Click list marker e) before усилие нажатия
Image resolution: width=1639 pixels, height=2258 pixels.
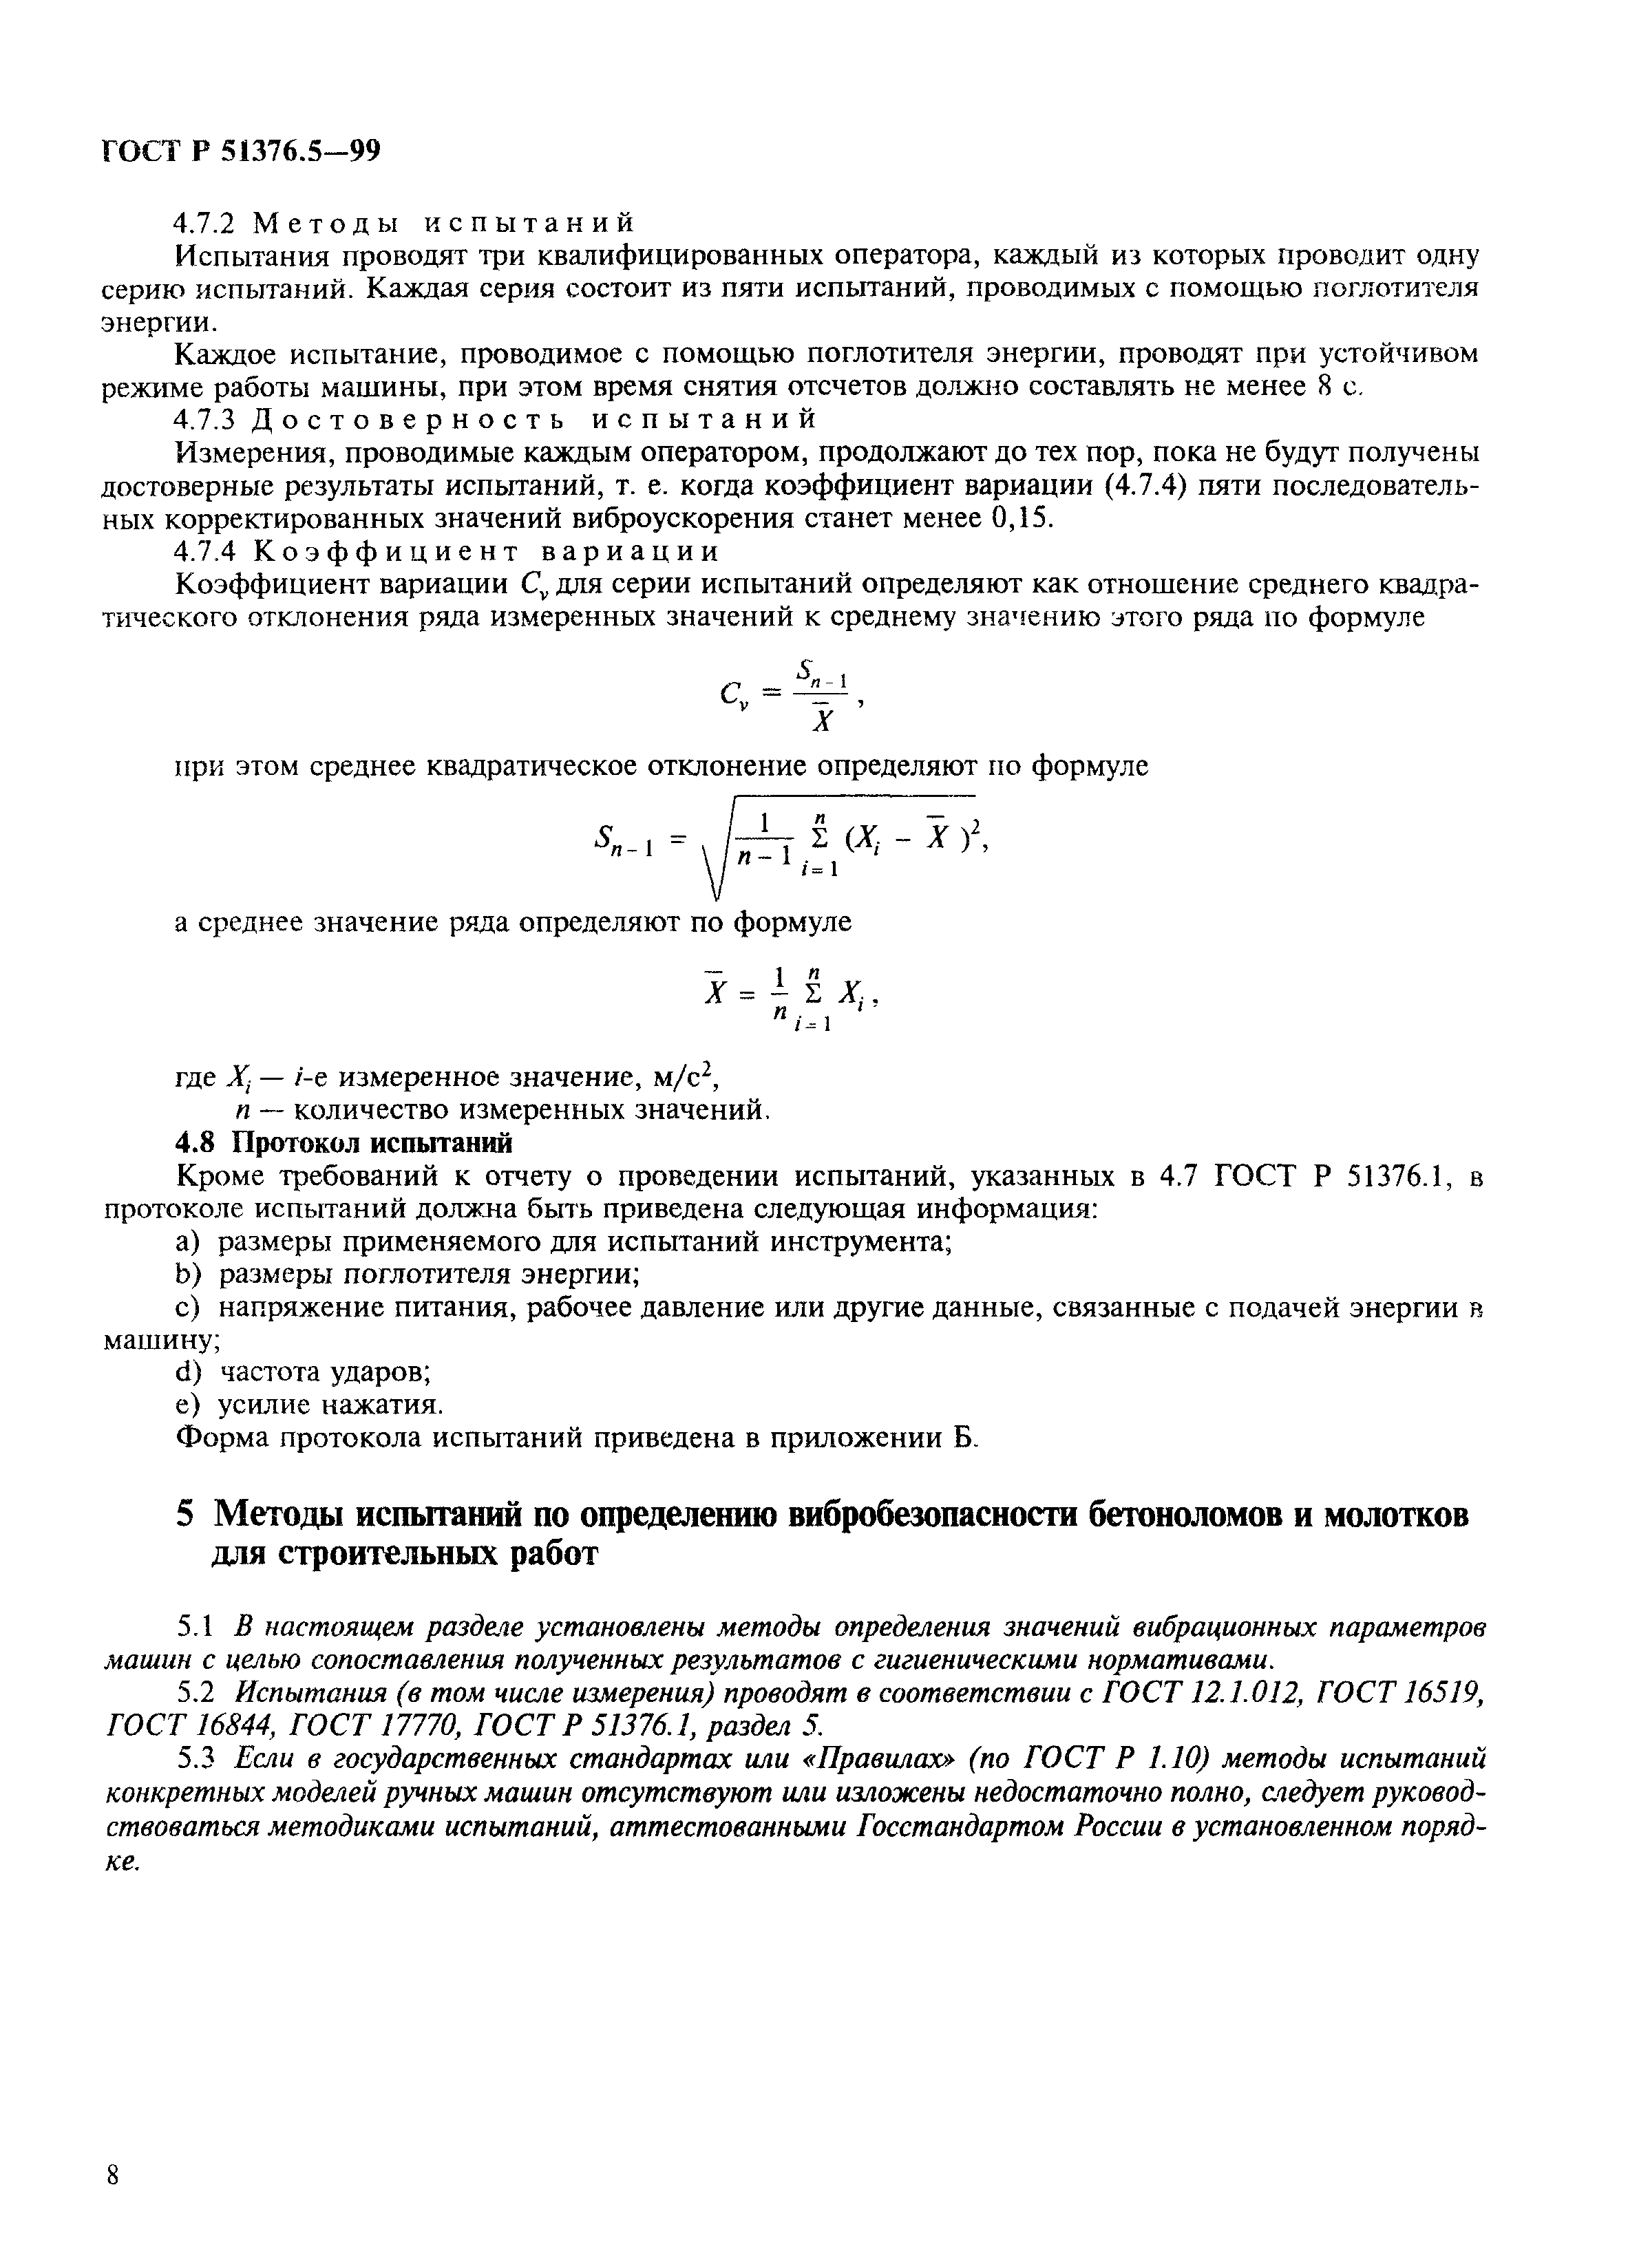(x=188, y=1405)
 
